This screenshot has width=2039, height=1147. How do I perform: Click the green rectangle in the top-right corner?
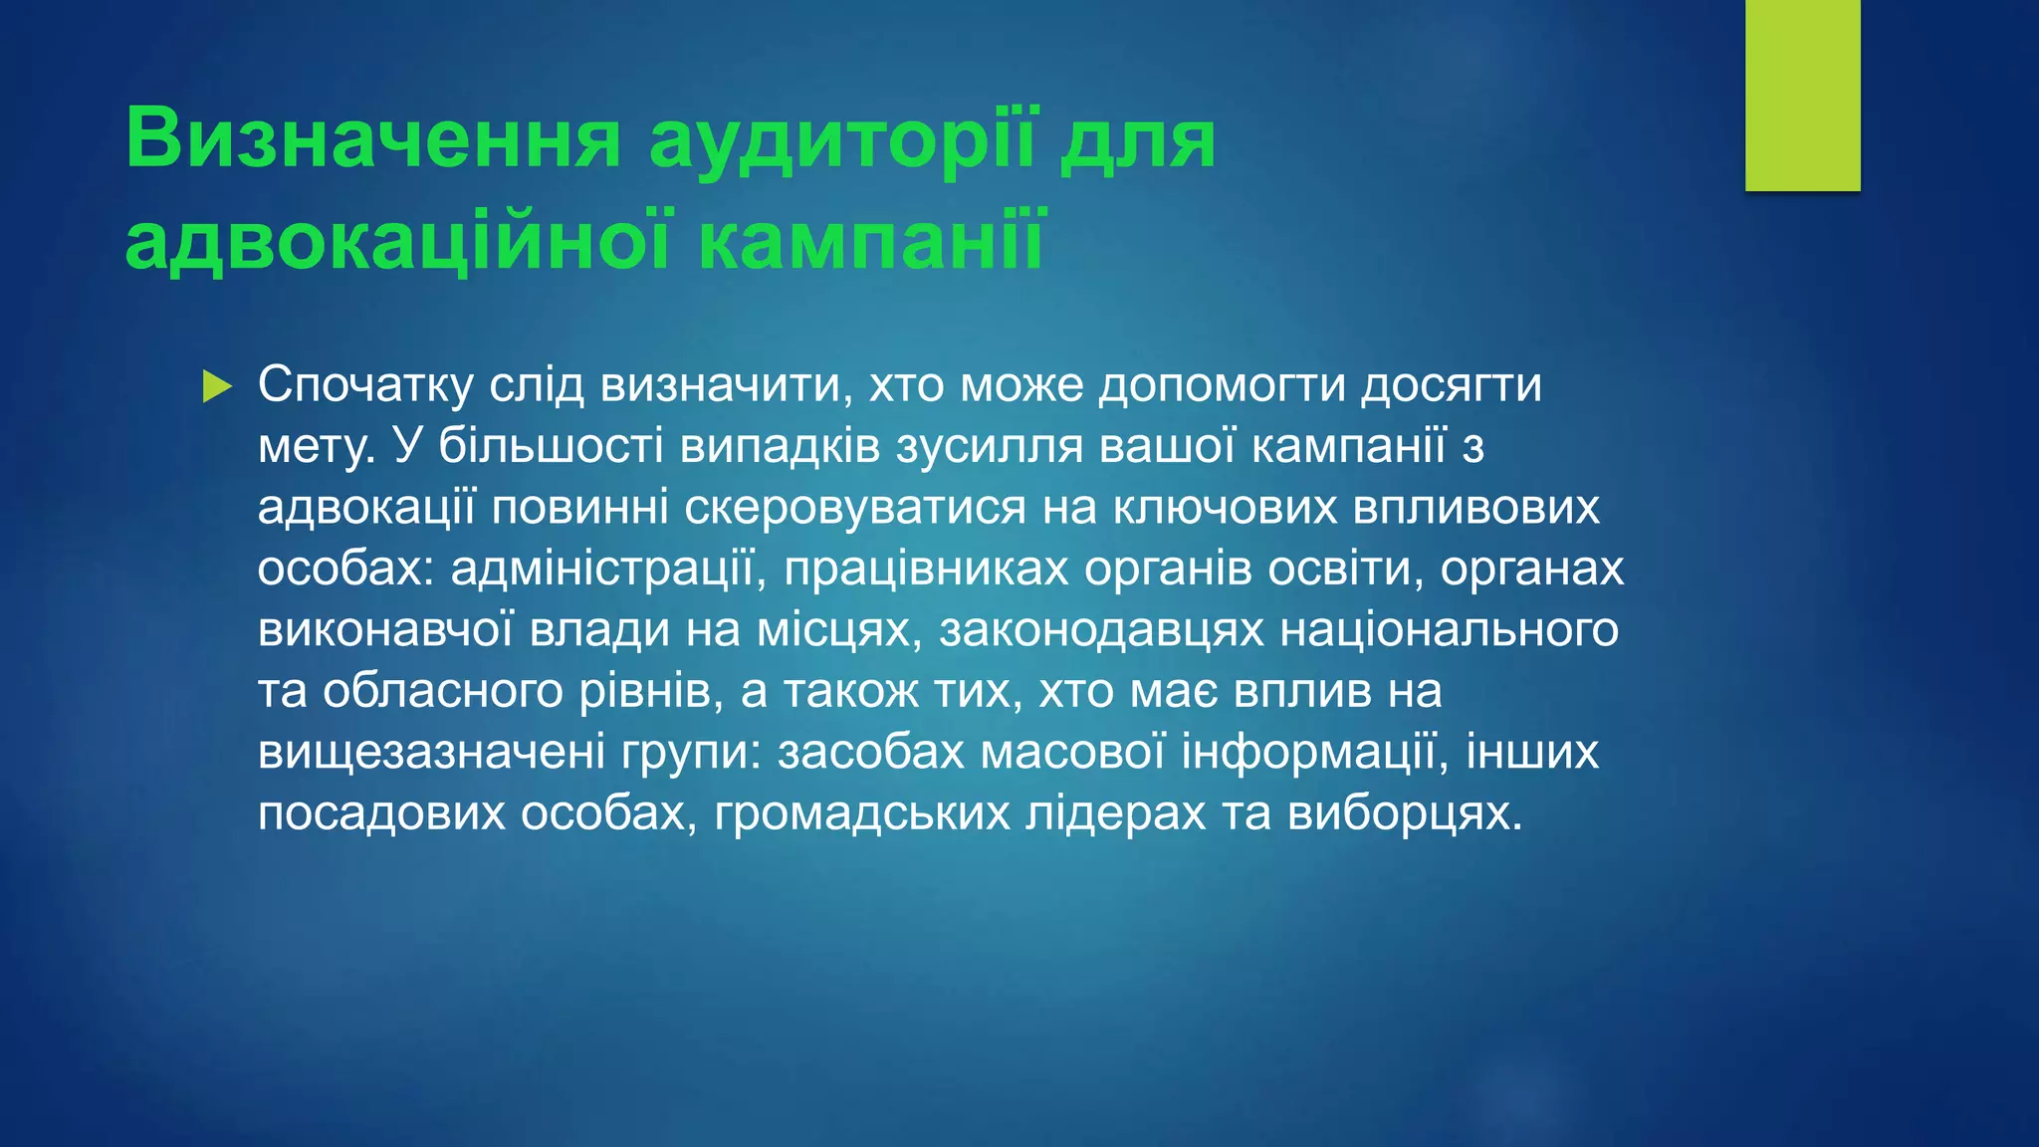(1802, 96)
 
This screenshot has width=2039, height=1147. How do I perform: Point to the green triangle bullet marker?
(216, 386)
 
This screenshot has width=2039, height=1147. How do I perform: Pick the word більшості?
(551, 447)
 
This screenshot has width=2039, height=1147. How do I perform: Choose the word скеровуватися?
(854, 508)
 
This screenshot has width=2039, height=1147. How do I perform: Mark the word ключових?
(1224, 508)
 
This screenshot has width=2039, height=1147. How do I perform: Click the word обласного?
(443, 691)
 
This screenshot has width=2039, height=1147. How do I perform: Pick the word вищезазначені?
(431, 753)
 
